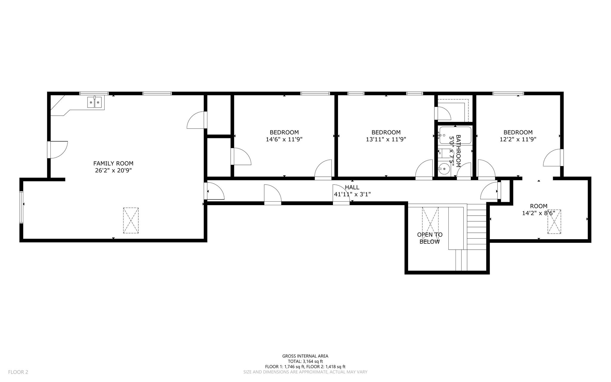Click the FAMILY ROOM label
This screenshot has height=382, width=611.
point(113,163)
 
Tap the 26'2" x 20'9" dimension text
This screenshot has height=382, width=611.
point(113,171)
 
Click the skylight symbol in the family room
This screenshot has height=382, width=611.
point(131,220)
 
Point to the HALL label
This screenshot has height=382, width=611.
point(352,188)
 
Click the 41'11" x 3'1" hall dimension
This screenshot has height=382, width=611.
point(352,194)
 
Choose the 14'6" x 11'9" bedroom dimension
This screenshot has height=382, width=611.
point(284,139)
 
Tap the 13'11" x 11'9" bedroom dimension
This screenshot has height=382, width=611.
point(386,139)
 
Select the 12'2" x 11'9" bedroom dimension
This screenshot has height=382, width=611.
point(518,139)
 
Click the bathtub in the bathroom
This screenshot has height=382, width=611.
point(455,136)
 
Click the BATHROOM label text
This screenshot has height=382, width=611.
point(459,151)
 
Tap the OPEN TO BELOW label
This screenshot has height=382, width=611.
point(430,238)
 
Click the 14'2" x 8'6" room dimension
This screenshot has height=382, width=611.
point(539,213)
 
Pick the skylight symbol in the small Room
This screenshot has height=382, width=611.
point(554,222)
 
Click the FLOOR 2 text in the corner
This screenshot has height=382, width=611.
point(18,372)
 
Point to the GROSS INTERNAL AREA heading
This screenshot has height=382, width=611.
point(305,356)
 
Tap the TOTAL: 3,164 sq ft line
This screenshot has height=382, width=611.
point(305,361)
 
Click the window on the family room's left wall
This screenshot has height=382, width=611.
point(21,207)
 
